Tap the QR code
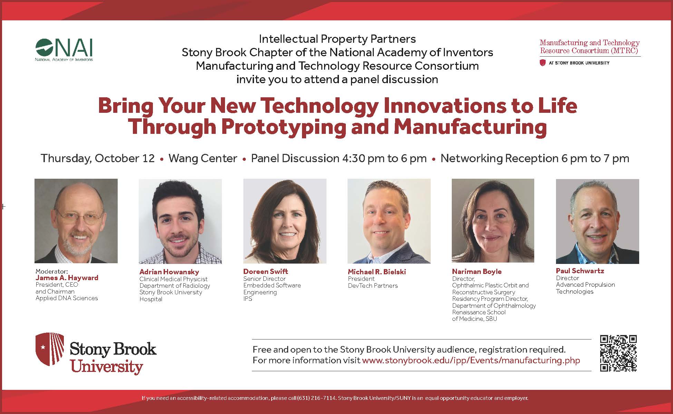point(618,353)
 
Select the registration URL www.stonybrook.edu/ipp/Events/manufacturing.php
point(471,360)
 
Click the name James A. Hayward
point(67,278)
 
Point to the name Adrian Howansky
point(169,272)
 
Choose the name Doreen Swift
point(265,272)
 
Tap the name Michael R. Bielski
point(377,272)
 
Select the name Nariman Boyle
point(477,272)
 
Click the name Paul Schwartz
point(580,271)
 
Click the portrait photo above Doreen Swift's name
point(285,221)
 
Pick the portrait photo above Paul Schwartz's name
point(597,221)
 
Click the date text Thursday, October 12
point(98,158)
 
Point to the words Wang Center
point(203,158)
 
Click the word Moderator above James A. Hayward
point(52,272)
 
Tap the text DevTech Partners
point(373,286)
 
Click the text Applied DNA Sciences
point(67,298)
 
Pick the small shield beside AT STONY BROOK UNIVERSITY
point(543,63)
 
